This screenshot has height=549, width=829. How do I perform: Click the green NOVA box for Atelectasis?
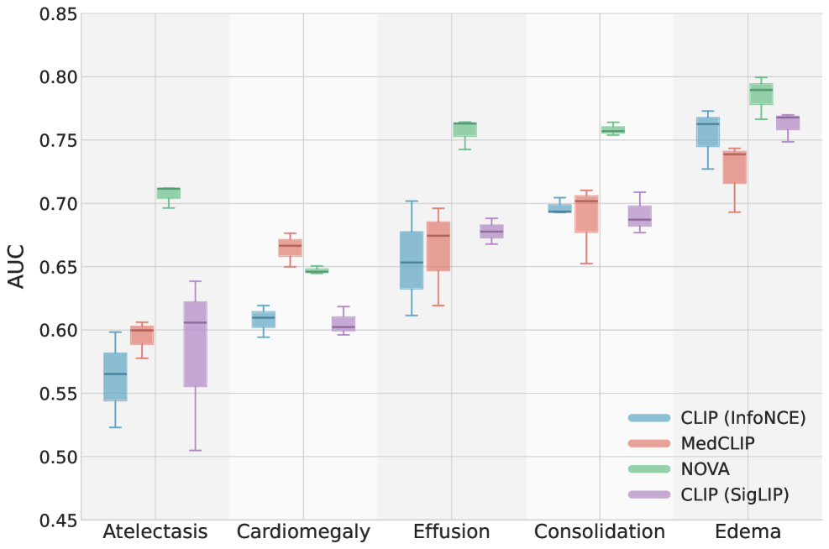tap(169, 193)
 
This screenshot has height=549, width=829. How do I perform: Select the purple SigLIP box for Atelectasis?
tap(195, 343)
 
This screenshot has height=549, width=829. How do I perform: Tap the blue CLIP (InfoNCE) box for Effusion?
tap(412, 260)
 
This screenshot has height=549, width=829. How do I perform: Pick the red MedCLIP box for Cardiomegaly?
tap(290, 248)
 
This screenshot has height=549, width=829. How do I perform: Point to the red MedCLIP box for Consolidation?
tap(586, 214)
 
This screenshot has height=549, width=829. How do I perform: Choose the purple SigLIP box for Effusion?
tap(491, 232)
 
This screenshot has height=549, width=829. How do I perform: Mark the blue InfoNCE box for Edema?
tap(708, 132)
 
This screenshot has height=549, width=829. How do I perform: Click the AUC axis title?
tap(17, 267)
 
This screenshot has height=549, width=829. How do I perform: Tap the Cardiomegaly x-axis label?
tap(303, 532)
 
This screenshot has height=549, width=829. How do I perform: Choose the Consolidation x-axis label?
tap(600, 532)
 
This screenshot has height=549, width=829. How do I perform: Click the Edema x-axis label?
tap(748, 532)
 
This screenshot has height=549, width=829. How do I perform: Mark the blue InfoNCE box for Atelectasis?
tap(115, 377)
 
